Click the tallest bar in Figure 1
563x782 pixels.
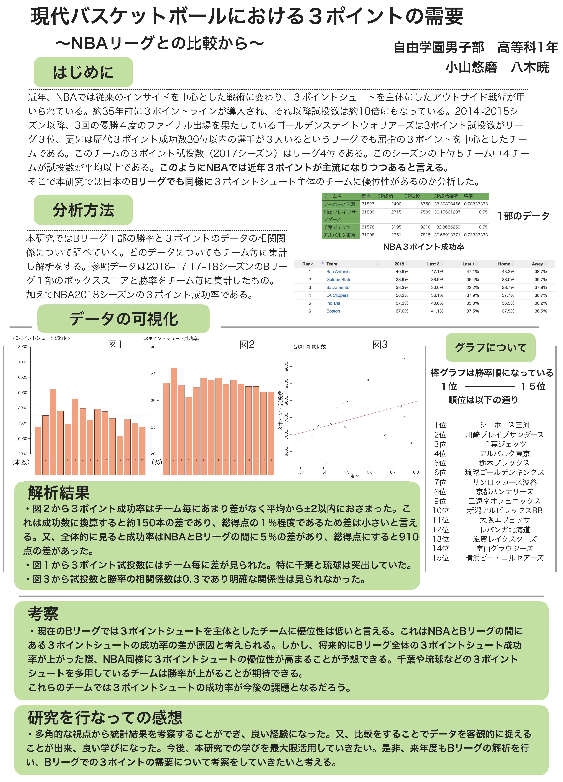click(53, 431)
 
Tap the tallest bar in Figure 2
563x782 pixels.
click(174, 421)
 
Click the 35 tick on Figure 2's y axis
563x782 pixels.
click(153, 374)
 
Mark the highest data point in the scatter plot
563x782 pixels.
click(404, 359)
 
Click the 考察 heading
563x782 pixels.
click(43, 613)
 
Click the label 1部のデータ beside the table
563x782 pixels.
click(523, 216)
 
